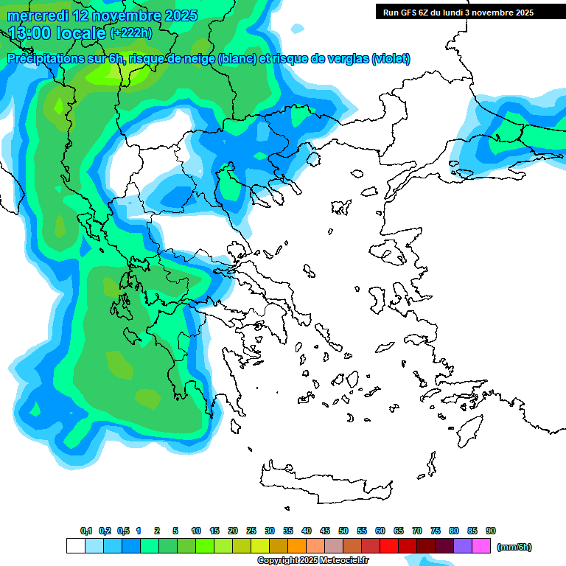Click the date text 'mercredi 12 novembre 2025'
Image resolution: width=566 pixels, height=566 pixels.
click(102, 15)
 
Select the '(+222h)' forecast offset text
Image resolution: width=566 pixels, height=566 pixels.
click(131, 33)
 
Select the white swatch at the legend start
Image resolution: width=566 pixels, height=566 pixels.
click(76, 546)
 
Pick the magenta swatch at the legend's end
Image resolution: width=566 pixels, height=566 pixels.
click(481, 546)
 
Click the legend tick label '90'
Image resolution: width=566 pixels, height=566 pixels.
click(491, 531)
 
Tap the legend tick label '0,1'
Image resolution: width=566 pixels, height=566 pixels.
click(85, 531)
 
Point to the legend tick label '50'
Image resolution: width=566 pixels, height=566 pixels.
click(343, 531)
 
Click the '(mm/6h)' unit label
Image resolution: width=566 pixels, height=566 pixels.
click(514, 547)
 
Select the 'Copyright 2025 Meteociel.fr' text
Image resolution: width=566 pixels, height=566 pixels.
click(312, 561)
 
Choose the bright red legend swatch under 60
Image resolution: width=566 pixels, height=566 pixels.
click(389, 546)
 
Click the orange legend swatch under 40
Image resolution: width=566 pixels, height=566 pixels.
click(297, 546)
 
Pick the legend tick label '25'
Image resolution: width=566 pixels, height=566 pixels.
click(251, 531)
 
